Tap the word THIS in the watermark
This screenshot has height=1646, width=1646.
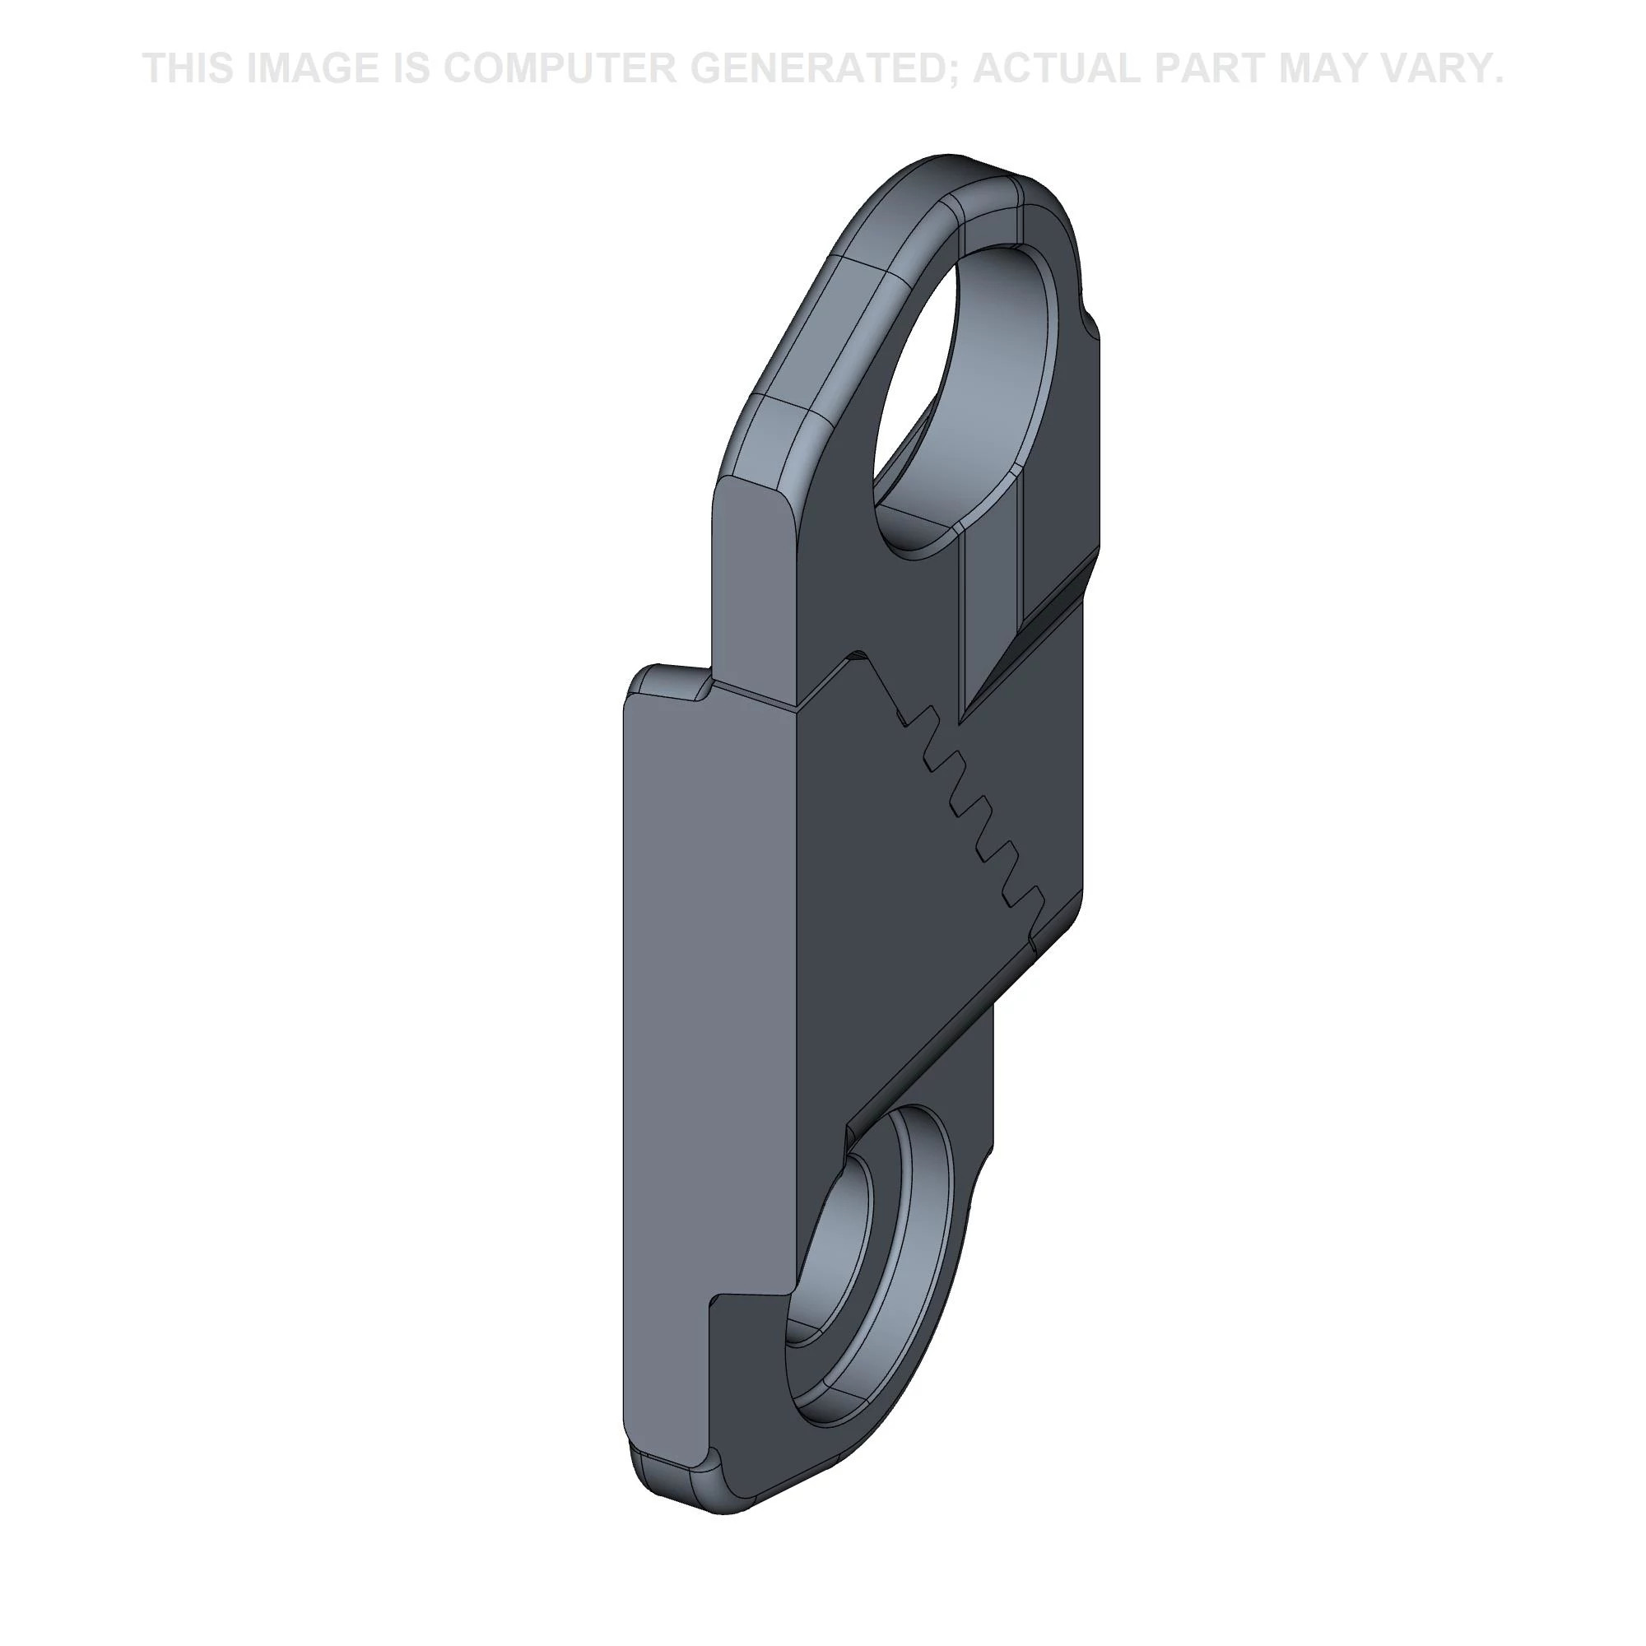[188, 67]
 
